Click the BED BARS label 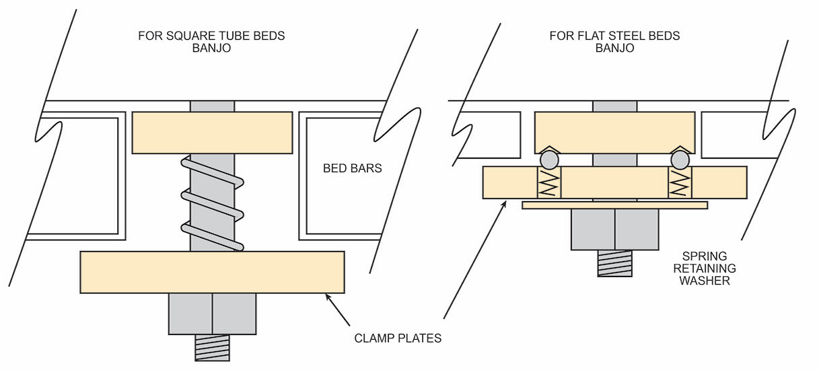(353, 168)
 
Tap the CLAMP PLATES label (398, 338)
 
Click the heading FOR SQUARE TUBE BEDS (211, 36)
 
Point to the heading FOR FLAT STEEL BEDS (615, 36)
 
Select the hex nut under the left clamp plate (213, 313)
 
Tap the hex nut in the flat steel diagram (614, 229)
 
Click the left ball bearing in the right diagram (549, 159)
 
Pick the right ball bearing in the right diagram (680, 159)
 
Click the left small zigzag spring (548, 182)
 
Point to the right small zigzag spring (680, 182)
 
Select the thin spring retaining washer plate (614, 205)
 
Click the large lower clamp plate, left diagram (213, 272)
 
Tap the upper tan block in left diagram (213, 133)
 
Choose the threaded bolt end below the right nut (614, 264)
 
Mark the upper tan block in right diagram (614, 133)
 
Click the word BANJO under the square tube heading (211, 48)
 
